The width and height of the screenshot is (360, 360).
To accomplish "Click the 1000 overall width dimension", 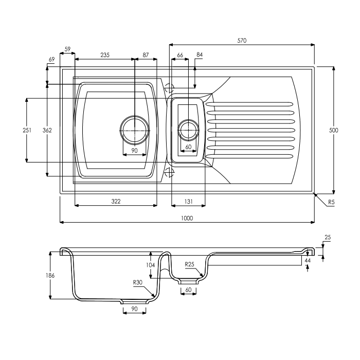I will click(x=187, y=218).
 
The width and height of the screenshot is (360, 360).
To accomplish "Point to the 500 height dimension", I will click(x=333, y=131).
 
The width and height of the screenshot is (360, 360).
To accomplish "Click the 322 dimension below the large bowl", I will click(x=116, y=201).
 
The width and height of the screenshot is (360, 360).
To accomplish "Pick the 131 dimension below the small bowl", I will click(x=188, y=201).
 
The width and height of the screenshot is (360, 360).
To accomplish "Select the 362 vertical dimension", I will click(x=47, y=131).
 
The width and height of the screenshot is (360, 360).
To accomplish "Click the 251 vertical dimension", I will click(x=27, y=131).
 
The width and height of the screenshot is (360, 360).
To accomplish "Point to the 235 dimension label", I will click(x=105, y=55).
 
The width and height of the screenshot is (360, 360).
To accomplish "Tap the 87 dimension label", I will click(x=146, y=55).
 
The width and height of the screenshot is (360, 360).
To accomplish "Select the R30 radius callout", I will click(x=137, y=282).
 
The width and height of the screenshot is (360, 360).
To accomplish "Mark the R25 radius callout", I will click(x=190, y=264).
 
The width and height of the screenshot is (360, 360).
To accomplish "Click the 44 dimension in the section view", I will click(x=308, y=261).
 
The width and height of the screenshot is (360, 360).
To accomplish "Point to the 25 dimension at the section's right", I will click(x=328, y=238).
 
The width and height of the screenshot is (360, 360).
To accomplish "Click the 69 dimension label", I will click(x=51, y=60).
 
